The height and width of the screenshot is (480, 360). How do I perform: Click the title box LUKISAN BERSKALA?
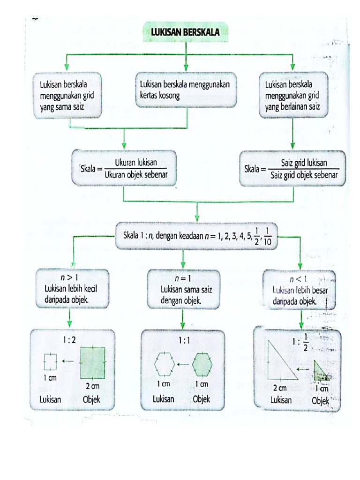[x=186, y=32]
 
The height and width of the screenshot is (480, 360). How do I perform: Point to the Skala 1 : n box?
[x=197, y=235]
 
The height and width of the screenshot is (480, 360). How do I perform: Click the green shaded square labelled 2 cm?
[x=92, y=362]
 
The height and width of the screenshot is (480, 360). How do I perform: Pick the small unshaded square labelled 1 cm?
[x=50, y=361]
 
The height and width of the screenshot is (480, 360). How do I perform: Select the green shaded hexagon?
[x=202, y=363]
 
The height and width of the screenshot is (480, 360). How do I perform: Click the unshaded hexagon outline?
[x=165, y=363]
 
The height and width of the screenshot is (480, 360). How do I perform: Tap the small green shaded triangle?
[x=320, y=370]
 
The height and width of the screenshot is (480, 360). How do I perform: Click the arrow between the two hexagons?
[x=184, y=364]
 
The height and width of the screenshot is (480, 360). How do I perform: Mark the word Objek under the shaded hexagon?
[x=202, y=399]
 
